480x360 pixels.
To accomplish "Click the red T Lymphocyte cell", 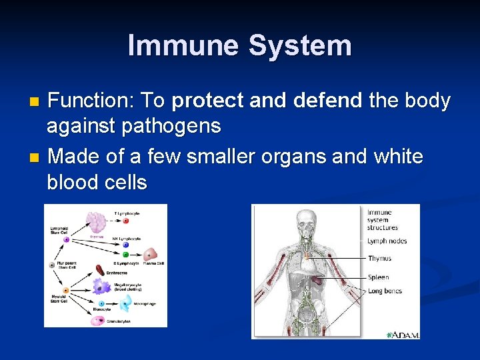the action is point(125,220).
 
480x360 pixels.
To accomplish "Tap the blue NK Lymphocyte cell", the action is point(125,245).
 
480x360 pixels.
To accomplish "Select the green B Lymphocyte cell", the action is point(125,254).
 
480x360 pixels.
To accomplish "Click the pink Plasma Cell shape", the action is point(151,254).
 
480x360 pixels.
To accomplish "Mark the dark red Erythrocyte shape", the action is point(100,270).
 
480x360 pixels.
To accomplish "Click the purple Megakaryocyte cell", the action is point(101,287).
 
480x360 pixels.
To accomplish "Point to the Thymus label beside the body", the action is point(379,259).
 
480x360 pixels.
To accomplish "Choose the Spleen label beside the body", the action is point(378,277).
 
